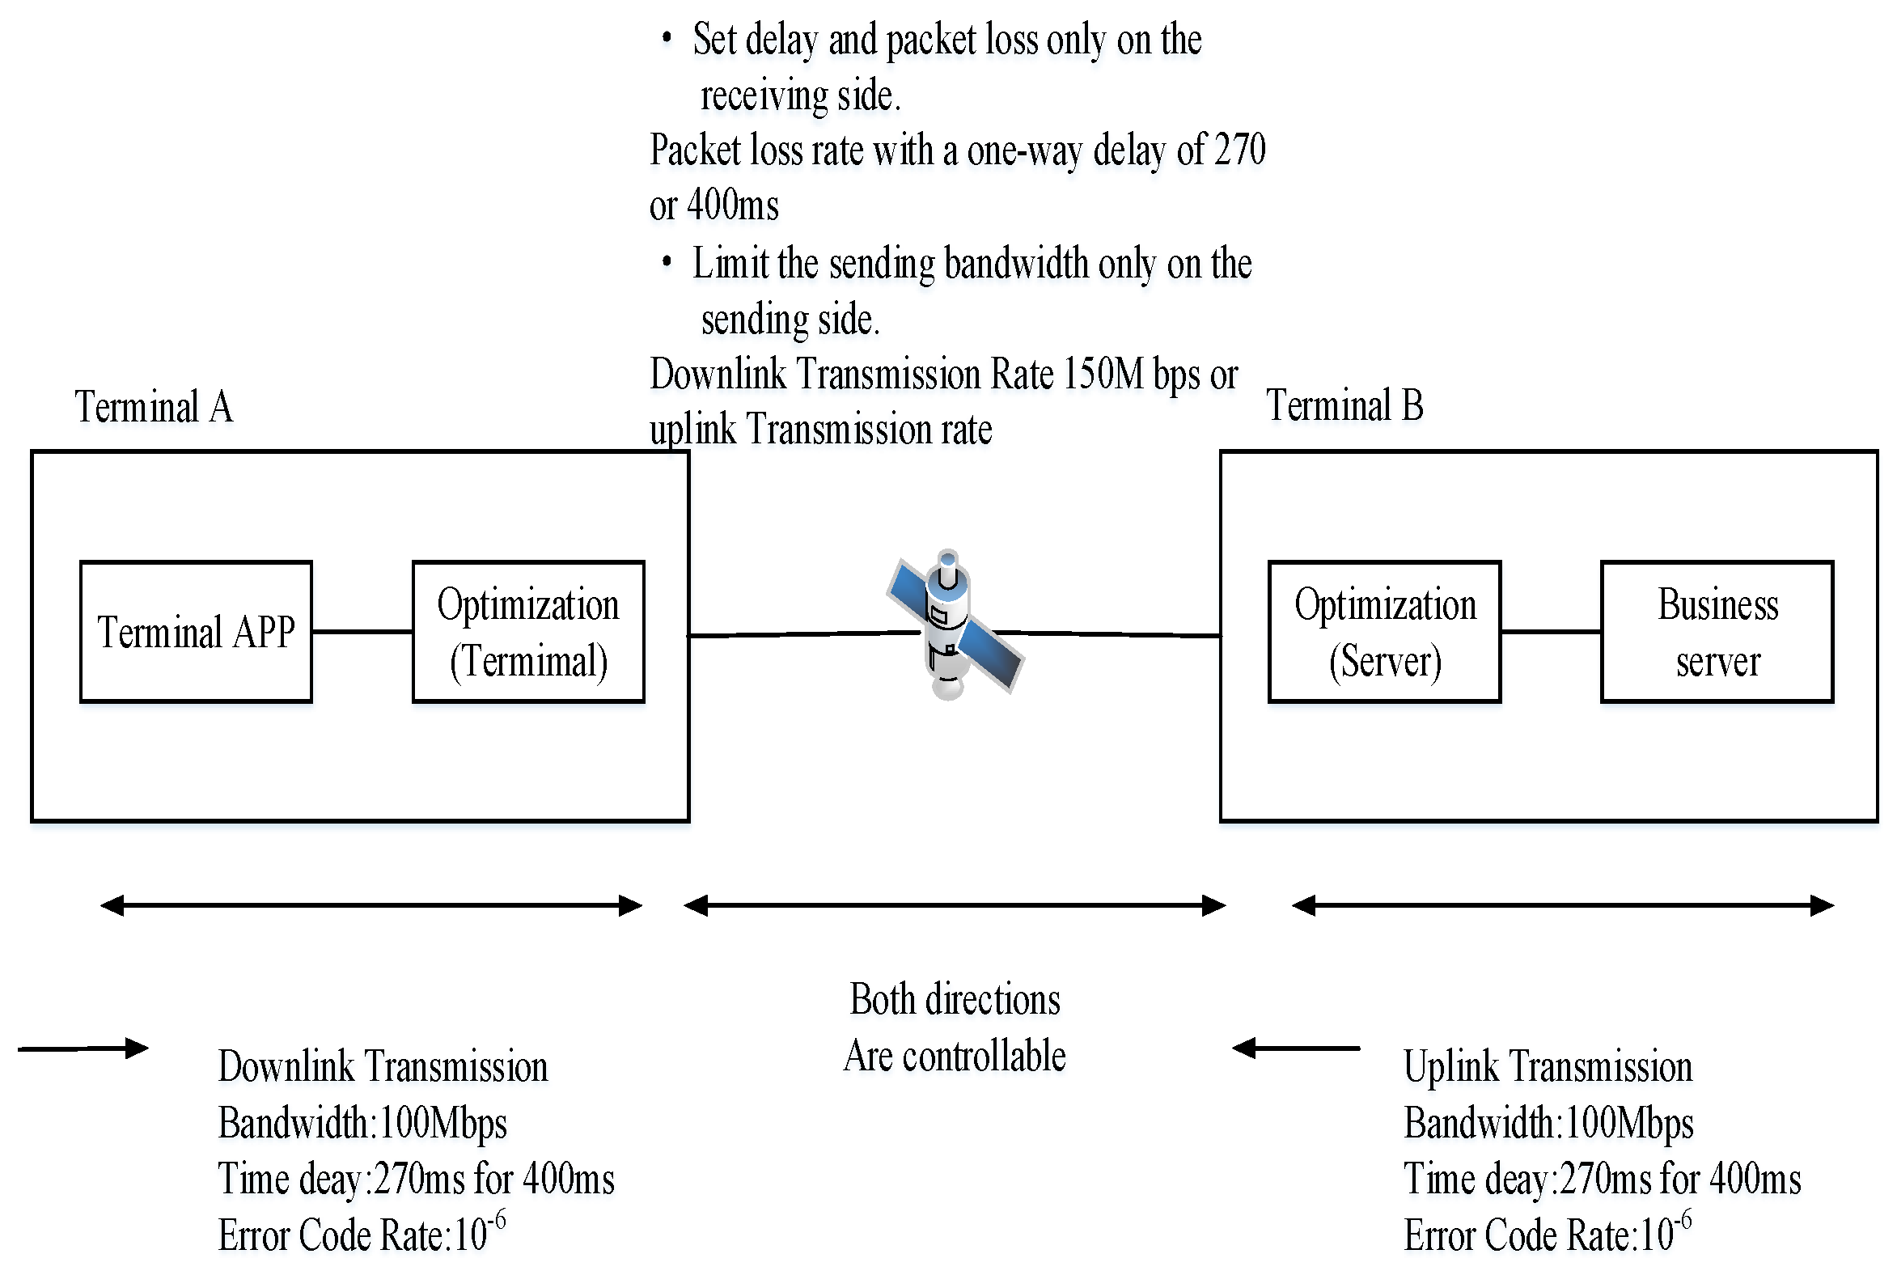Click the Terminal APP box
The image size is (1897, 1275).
pos(196,632)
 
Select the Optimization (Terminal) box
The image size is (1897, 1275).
pos(528,632)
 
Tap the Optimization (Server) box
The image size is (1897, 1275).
pos(1385,632)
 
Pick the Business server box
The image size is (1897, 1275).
pos(1717,632)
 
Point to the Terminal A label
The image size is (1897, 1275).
pos(154,407)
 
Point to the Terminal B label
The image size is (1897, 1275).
pos(1345,405)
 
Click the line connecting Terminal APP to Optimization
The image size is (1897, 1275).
pos(362,631)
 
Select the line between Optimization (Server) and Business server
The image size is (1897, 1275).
pos(1551,631)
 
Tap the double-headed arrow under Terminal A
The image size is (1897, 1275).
pos(371,905)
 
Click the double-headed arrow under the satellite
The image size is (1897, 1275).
pos(955,905)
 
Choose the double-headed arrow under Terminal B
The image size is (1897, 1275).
pos(1563,905)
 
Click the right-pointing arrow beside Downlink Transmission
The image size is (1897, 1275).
pos(83,1048)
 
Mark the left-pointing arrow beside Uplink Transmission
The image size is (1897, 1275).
pos(1296,1048)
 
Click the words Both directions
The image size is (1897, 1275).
pos(955,999)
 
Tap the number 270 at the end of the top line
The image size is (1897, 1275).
pos(1239,150)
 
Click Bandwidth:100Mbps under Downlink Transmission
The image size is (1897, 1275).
pos(362,1123)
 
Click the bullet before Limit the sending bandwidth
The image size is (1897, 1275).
pos(667,262)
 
